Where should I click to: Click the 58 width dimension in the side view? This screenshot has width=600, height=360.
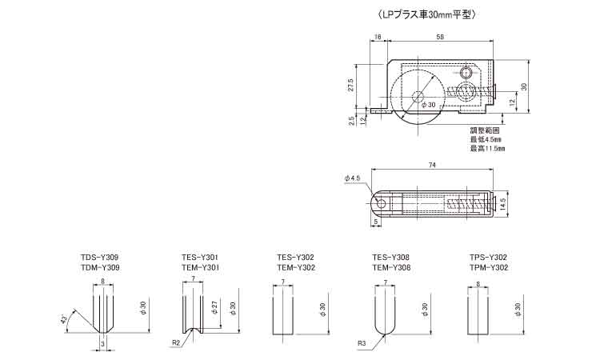(x=440, y=37)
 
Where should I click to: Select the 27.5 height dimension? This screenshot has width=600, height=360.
(x=350, y=86)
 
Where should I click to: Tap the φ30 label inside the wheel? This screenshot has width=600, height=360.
(x=429, y=105)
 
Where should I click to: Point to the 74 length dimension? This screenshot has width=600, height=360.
(x=432, y=165)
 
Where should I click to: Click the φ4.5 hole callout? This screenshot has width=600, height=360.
(x=352, y=178)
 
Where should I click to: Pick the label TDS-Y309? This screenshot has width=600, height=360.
(x=99, y=258)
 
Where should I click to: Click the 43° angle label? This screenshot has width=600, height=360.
(x=65, y=318)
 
